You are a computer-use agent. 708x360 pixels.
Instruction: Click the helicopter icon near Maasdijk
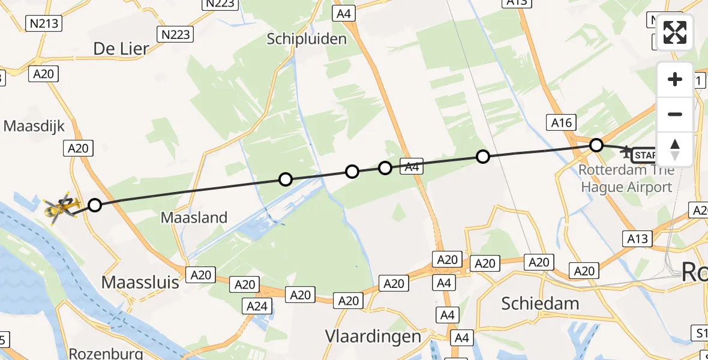coord(61,208)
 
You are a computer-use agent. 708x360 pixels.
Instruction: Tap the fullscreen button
coord(675,32)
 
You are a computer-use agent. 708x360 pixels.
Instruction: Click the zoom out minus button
coord(675,114)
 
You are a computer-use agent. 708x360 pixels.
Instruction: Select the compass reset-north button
coord(675,149)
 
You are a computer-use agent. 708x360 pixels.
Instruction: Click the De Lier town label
coord(121,49)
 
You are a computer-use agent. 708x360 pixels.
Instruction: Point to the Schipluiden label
coord(307,40)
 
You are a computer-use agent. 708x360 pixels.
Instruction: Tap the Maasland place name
coord(194,217)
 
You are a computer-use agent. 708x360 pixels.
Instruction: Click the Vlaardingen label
coord(373,336)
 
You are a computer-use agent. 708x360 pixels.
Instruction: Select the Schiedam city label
coord(541,304)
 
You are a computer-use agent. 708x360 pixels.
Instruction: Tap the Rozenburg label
coord(106,353)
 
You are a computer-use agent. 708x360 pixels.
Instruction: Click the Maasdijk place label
coord(34,126)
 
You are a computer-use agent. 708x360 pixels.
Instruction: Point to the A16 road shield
coord(561,124)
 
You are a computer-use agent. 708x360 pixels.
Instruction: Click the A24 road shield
coord(257,306)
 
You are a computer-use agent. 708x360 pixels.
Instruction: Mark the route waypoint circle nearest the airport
coord(596,145)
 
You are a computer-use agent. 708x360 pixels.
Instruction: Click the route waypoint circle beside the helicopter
coord(95,206)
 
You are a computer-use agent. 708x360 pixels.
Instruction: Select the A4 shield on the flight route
coord(412,167)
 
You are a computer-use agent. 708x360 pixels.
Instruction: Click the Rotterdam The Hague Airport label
coord(626,179)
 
